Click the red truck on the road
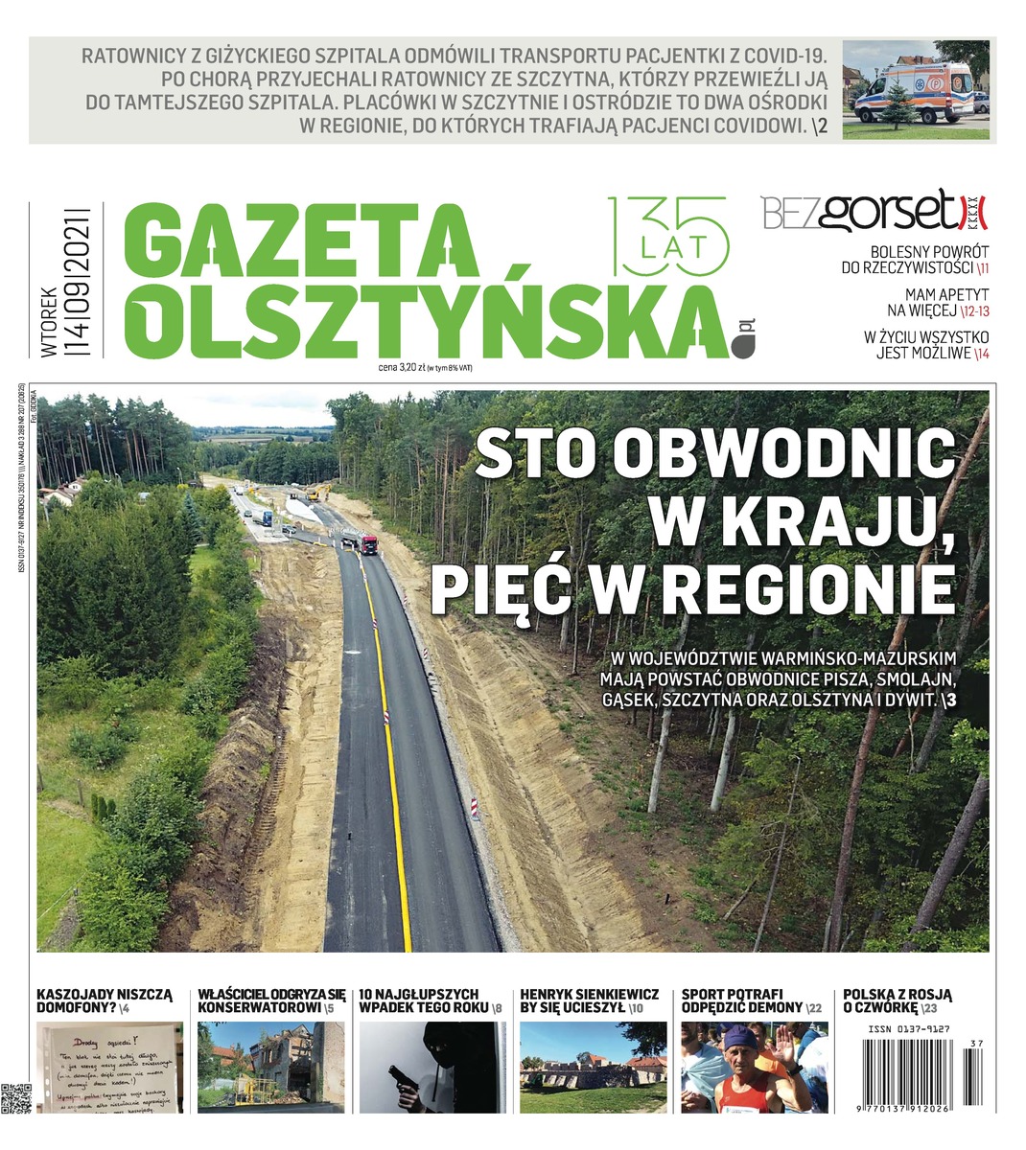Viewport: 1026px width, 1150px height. tap(368, 545)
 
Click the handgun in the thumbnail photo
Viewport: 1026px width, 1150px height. tap(401, 1079)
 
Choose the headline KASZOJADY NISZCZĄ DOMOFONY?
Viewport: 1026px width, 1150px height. tap(104, 1000)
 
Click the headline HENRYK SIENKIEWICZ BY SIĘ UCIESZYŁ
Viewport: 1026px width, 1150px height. tap(589, 1000)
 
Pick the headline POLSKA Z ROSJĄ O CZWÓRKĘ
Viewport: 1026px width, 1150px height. tap(897, 1000)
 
